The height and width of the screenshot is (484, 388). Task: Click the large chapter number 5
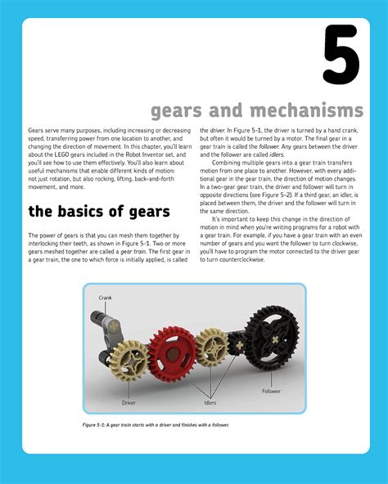[x=340, y=55]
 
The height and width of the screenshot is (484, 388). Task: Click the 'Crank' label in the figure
[x=106, y=297]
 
